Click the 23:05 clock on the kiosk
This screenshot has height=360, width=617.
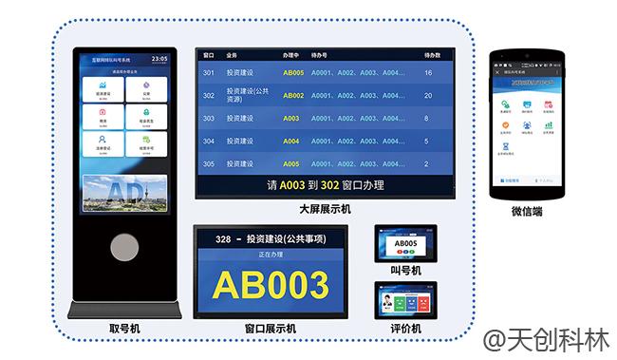pos(159,59)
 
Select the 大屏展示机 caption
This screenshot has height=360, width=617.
pos(326,208)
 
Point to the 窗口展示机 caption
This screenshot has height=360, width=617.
pos(271,329)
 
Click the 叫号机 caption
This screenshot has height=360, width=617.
pos(405,271)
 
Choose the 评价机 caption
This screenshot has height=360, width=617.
pos(405,329)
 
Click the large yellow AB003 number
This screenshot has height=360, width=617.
pos(271,286)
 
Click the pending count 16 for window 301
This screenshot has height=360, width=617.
pos(428,73)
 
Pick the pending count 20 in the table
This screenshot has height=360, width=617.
pos(428,96)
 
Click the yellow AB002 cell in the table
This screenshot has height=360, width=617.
pos(293,96)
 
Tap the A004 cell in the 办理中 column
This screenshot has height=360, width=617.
pos(291,142)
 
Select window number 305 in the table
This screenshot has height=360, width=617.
pos(209,163)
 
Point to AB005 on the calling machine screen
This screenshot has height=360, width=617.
pos(405,243)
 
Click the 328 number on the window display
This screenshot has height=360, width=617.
pos(225,238)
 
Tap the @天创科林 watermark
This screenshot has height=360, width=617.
pos(546,339)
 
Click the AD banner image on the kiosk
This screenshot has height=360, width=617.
pos(124,193)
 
